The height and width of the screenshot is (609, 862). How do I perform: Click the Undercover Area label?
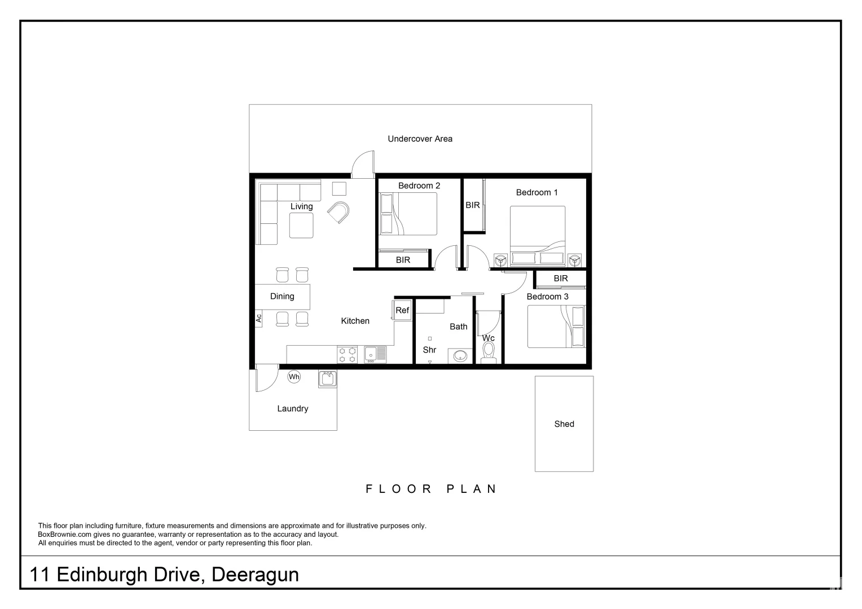coord(420,139)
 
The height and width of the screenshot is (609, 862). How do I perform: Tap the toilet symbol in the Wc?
coord(489,352)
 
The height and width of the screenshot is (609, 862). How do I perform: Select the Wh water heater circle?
coord(294,377)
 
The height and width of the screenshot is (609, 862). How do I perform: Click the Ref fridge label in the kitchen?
coord(402,311)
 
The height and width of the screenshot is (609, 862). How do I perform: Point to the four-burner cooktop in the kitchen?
coord(347,355)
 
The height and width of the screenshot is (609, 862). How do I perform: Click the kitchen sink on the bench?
coord(375,354)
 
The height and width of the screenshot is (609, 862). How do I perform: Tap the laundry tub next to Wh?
coord(327,378)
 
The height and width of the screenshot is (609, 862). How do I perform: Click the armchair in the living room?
coord(339,212)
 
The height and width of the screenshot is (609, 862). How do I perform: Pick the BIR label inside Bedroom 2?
coord(403,260)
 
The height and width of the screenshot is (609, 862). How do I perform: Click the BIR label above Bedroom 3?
coord(560,279)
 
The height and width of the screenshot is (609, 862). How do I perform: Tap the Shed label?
coord(564,424)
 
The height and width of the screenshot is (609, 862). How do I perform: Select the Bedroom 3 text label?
coord(547,297)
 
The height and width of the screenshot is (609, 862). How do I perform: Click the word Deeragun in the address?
coord(255,575)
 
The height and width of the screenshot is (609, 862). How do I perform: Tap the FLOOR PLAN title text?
coord(431,489)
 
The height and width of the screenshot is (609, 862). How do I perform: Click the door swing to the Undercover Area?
coord(363,164)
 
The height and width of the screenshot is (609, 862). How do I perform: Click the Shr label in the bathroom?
coord(429,350)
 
